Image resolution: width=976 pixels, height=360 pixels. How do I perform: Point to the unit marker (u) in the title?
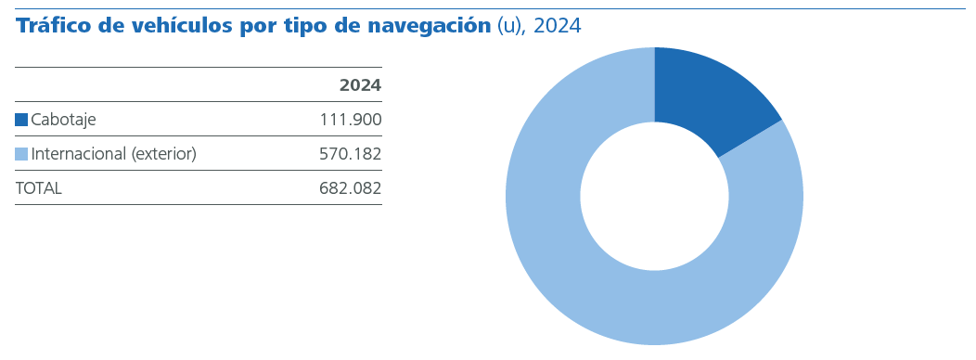pyautogui.click(x=510, y=26)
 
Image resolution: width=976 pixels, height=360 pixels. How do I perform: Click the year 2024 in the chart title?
pyautogui.click(x=558, y=26)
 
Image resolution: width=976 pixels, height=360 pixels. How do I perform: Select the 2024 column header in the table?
pyautogui.click(x=360, y=85)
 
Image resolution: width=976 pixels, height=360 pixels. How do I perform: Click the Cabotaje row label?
pyautogui.click(x=63, y=120)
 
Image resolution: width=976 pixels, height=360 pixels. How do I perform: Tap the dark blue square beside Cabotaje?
pyautogui.click(x=21, y=120)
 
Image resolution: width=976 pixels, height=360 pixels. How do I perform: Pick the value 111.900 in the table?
pyautogui.click(x=350, y=120)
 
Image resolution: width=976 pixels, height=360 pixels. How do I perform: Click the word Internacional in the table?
pyautogui.click(x=79, y=154)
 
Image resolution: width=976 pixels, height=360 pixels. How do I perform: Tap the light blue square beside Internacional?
pyautogui.click(x=21, y=154)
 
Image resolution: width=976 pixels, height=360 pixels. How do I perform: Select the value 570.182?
pyautogui.click(x=350, y=154)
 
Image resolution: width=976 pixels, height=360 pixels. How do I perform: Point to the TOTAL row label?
pyautogui.click(x=38, y=188)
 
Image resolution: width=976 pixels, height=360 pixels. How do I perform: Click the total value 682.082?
pyautogui.click(x=350, y=188)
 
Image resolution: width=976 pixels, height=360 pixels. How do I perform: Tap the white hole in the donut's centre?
pyautogui.click(x=654, y=197)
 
